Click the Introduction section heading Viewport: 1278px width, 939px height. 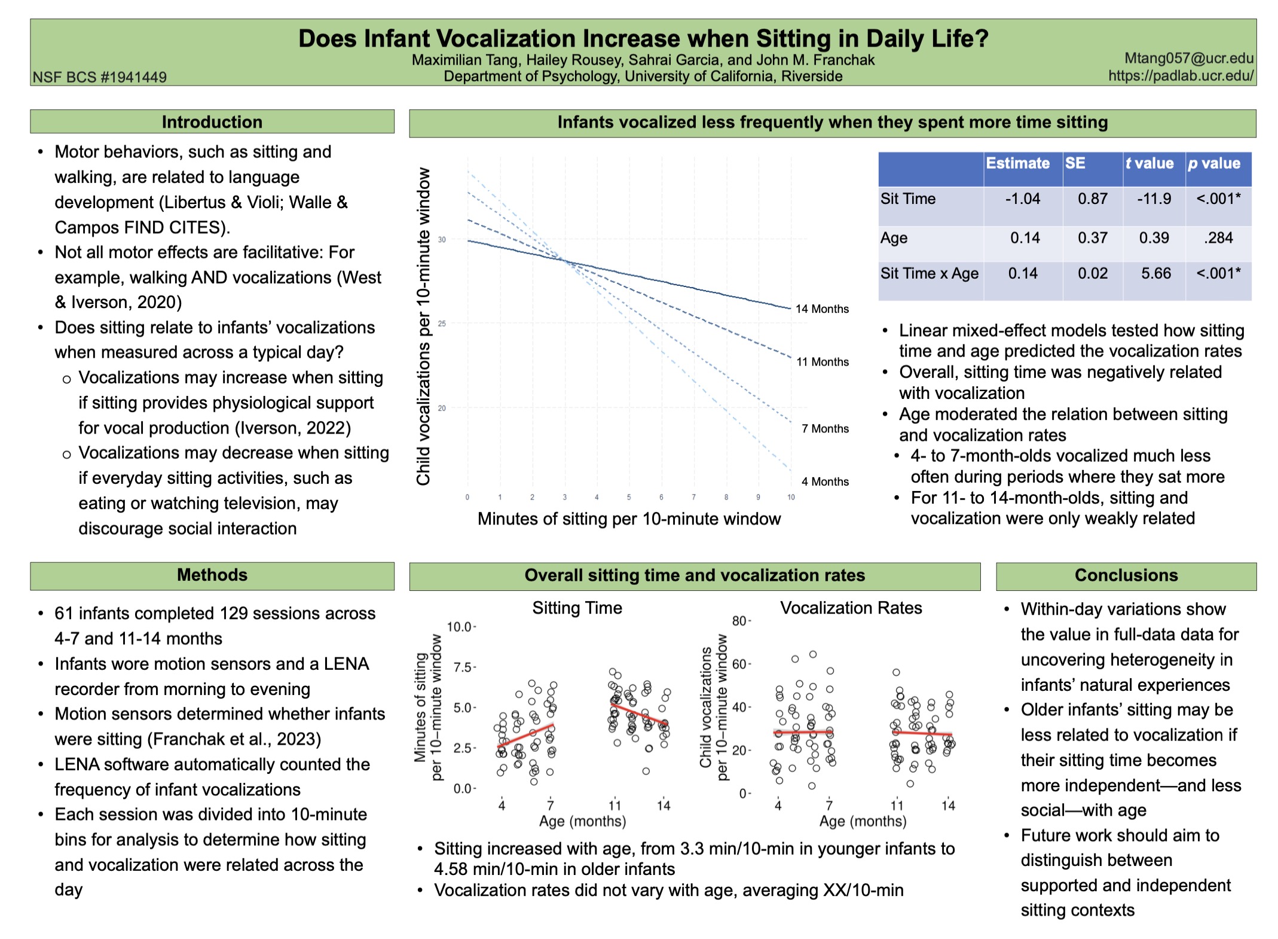tap(212, 122)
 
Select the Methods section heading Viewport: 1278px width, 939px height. tap(212, 575)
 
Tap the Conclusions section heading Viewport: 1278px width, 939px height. tap(1126, 575)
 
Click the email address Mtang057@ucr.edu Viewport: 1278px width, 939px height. tap(1189, 59)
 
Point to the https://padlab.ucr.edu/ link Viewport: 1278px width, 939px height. tap(1181, 76)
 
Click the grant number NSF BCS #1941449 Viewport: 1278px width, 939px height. tap(100, 77)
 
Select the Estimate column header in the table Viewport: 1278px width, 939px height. tap(1017, 164)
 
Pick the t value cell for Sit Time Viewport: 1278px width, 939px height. tap(1154, 199)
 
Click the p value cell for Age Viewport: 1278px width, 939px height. tap(1219, 238)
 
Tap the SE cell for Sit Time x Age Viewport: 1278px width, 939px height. tap(1093, 274)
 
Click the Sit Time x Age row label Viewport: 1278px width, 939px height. tap(930, 274)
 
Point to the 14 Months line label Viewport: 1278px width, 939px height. tap(822, 309)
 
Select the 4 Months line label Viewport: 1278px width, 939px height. tap(825, 482)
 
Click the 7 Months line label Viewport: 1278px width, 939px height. tap(825, 429)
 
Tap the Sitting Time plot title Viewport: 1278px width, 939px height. tap(577, 608)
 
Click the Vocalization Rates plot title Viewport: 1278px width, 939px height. tap(851, 608)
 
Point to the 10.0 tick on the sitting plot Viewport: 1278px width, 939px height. tap(460, 627)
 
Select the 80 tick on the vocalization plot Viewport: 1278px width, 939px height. tap(740, 621)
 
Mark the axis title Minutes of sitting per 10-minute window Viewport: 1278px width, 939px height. tap(629, 519)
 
